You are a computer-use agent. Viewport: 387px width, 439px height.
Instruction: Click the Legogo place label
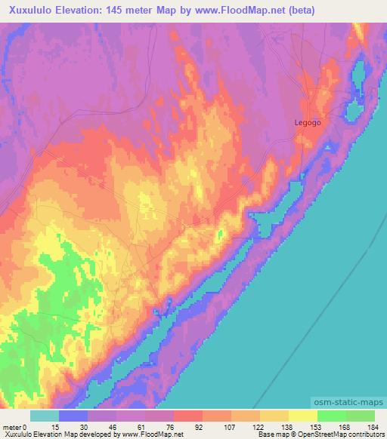click(308, 121)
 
